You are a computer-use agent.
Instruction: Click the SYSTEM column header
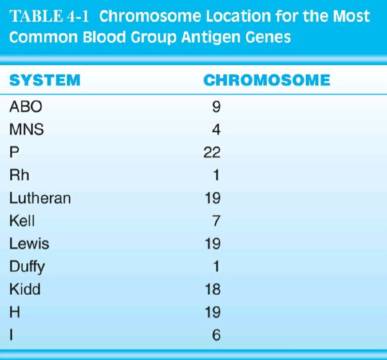coord(45,80)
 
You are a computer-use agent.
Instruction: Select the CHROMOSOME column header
coord(267,80)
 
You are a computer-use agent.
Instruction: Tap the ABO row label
coord(26,107)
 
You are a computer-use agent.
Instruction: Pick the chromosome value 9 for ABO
coord(216,107)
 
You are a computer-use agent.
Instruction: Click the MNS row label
coord(27,130)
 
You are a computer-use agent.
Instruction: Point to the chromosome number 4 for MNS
coord(216,130)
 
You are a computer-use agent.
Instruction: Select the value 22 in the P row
coord(212,152)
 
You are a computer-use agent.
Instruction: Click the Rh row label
coord(19,175)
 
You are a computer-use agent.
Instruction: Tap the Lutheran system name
coord(40,198)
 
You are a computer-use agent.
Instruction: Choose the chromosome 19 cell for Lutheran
coord(212,198)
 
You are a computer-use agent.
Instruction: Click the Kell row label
coord(22,221)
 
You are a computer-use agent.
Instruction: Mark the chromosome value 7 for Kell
coord(216,221)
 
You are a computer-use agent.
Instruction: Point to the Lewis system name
coord(29,244)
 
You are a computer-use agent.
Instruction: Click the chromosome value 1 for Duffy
coord(216,266)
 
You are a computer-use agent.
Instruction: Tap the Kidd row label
coord(25,289)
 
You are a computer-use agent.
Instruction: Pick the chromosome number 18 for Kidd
coord(212,289)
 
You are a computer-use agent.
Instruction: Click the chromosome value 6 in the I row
coord(216,335)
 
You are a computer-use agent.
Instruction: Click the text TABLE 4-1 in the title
coord(49,16)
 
